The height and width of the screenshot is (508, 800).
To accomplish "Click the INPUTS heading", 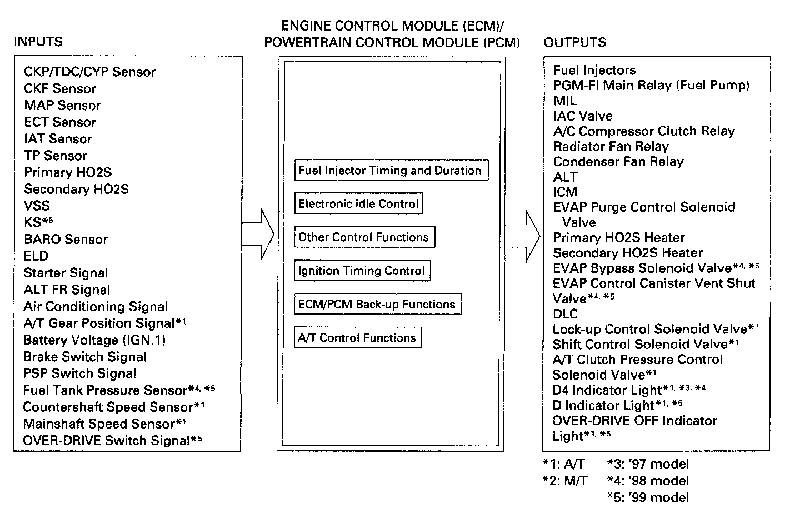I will (x=38, y=42).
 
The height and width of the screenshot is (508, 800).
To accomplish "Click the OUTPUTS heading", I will (x=575, y=42).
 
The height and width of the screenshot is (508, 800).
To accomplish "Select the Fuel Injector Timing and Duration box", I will (x=391, y=170).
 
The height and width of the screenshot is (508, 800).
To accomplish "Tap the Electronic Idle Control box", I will (x=358, y=203).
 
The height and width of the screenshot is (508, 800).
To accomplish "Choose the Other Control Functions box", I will (x=364, y=237).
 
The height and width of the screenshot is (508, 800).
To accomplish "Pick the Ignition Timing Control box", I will (x=362, y=271).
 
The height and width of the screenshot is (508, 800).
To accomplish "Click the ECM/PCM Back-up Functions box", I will (x=377, y=305).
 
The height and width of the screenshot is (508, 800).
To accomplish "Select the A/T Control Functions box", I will (x=357, y=338).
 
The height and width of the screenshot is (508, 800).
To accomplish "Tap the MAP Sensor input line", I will (x=62, y=106).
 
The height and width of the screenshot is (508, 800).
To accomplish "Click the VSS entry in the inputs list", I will (x=37, y=206).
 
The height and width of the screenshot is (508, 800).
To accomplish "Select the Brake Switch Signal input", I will (x=85, y=357).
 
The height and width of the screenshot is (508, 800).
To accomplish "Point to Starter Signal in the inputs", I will (x=66, y=273).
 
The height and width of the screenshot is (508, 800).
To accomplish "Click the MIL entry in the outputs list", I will (x=565, y=101).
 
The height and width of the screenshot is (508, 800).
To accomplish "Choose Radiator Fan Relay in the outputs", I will (x=611, y=147).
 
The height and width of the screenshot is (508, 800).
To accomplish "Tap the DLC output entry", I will (x=565, y=314).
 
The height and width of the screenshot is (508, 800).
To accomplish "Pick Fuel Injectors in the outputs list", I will (x=594, y=71).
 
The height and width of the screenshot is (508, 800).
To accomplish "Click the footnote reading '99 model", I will (x=648, y=497).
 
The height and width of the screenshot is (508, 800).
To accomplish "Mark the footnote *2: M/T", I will (x=564, y=481).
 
